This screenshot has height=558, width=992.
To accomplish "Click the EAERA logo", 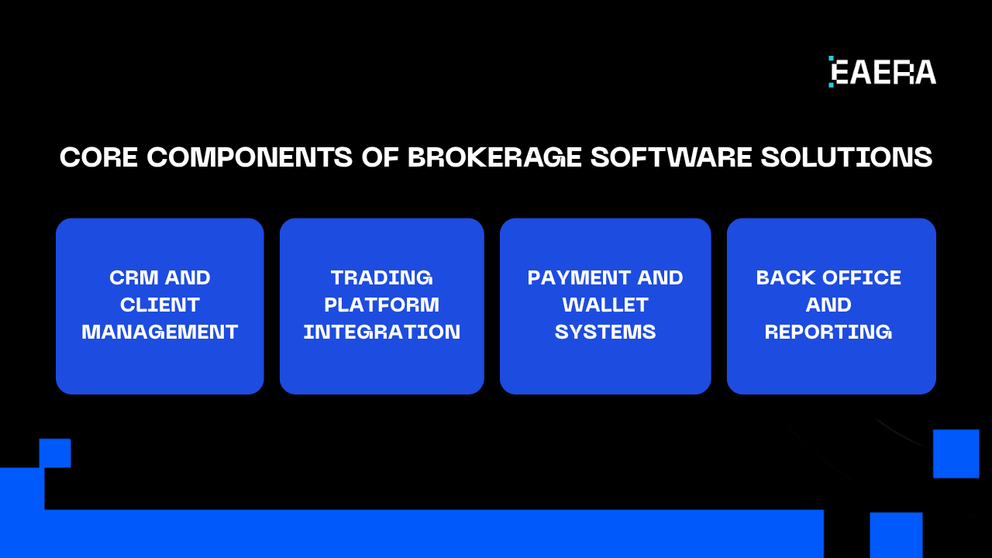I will click(882, 72).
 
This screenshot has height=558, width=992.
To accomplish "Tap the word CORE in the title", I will click(98, 157).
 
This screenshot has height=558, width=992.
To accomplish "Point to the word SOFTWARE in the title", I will click(671, 157).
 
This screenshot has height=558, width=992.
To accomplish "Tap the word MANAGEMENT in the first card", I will click(160, 332).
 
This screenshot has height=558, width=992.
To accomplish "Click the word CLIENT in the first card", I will click(160, 305).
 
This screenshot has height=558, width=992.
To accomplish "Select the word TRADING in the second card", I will click(381, 277).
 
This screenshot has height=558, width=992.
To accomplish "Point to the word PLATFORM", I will click(381, 305).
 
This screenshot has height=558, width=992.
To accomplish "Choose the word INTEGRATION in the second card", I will click(381, 332).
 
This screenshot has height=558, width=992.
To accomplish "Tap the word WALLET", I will click(605, 305).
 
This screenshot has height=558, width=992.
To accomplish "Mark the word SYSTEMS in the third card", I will click(605, 332).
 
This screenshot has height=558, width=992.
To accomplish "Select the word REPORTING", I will click(828, 332).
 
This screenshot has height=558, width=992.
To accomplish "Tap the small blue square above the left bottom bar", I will click(55, 453).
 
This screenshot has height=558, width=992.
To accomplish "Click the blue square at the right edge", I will click(956, 453).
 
